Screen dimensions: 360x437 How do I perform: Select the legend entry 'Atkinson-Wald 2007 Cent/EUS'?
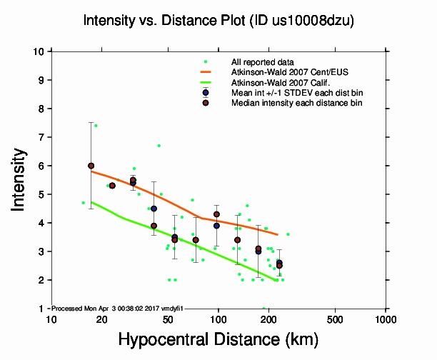tap(283, 73)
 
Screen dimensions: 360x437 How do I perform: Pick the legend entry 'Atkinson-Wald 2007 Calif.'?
tap(277, 83)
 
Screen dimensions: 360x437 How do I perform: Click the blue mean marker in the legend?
tap(205, 93)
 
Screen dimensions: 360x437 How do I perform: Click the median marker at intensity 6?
tap(91, 166)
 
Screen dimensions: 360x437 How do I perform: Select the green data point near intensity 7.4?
tap(96, 126)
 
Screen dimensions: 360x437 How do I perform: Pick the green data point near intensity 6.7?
tap(159, 146)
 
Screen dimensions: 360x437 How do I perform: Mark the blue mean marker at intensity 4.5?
tap(154, 209)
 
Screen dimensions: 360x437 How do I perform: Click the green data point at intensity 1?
tap(263, 308)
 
